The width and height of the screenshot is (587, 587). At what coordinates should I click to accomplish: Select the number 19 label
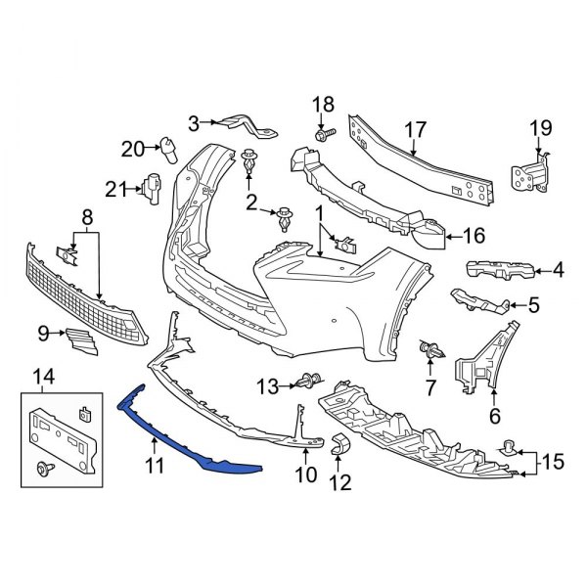coord(541,127)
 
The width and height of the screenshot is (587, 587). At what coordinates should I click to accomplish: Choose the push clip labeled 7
coord(429,348)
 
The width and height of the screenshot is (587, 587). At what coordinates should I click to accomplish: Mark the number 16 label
coord(473,235)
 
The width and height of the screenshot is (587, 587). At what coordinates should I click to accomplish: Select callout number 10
coord(306,475)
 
